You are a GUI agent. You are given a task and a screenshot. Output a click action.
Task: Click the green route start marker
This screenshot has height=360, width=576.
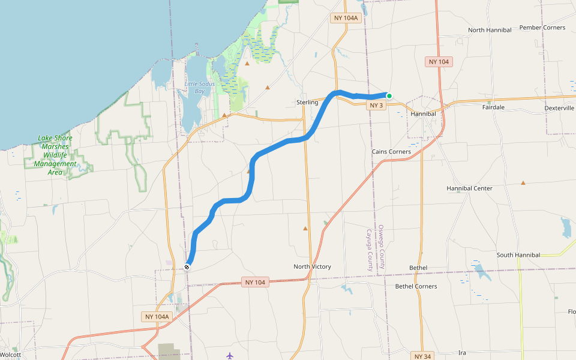(389, 96)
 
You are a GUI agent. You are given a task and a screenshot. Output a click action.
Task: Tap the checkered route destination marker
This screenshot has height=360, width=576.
(187, 267)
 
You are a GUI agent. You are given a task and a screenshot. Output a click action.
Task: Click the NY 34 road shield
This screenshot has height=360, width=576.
(423, 356)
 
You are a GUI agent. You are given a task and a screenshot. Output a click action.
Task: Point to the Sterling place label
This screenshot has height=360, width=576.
(307, 103)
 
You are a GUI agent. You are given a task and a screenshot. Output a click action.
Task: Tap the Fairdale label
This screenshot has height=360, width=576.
(493, 107)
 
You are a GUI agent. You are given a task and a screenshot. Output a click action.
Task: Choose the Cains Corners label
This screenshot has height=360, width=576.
(391, 152)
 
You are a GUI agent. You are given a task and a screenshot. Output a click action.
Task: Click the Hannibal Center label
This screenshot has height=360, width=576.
(469, 188)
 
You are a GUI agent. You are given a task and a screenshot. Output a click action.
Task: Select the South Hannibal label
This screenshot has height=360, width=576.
(518, 255)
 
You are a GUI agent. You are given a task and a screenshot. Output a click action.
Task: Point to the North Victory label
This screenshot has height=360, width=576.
(312, 266)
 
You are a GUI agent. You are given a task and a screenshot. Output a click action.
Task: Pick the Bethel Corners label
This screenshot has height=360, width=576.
(416, 286)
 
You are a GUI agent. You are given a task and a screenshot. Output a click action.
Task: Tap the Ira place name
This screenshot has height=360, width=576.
(462, 353)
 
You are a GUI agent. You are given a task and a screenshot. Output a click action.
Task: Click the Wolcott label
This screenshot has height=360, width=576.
(11, 355)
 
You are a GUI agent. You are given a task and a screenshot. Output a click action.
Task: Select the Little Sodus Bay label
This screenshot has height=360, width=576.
(200, 88)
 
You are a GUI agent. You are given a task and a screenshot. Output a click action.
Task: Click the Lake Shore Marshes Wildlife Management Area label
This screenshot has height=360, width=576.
(55, 155)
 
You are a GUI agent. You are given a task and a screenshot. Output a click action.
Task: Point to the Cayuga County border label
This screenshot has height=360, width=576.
(370, 249)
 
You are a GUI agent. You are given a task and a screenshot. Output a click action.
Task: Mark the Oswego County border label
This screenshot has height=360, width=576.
(381, 247)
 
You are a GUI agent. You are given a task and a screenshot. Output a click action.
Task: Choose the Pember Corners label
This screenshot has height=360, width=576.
(542, 28)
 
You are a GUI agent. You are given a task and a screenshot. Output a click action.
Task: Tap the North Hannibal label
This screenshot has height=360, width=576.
(490, 30)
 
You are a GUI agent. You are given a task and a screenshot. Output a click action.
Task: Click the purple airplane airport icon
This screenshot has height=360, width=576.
(230, 355)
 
